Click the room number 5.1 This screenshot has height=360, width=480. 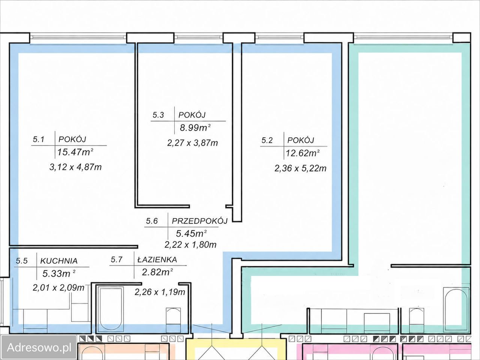39,139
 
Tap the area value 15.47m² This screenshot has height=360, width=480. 75,152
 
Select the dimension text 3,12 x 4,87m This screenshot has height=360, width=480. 75,167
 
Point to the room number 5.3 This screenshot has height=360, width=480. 158,115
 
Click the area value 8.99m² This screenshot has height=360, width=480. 195,127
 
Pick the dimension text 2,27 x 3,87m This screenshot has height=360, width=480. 192,143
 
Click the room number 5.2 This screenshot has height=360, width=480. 267,140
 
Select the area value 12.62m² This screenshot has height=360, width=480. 303,153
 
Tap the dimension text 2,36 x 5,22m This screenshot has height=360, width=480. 300,168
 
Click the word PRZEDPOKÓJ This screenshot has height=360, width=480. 199,221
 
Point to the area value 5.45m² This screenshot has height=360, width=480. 191,234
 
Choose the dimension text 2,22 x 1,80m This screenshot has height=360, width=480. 190,245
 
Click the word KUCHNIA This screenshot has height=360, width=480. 59,261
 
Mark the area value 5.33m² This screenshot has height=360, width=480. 58,273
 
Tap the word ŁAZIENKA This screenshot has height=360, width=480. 157,259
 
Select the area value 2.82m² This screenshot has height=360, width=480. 157,272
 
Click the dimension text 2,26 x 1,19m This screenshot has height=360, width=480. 160,292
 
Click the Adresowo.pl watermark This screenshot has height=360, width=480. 39,347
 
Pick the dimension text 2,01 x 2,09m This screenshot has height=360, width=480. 58,288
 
